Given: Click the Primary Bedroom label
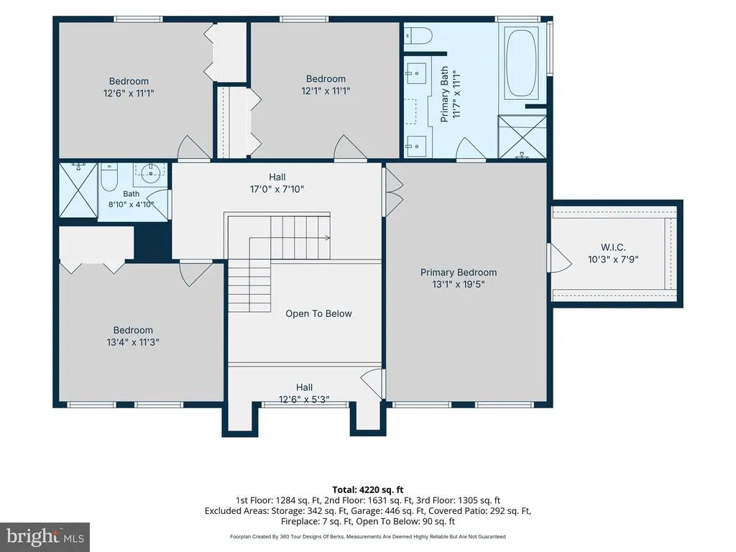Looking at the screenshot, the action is tap(458, 272).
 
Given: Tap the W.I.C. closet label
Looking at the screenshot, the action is tap(613, 247).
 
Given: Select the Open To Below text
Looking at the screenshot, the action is tap(318, 313).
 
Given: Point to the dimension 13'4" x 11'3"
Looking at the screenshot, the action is tap(133, 342).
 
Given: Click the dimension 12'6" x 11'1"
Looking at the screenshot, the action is tap(129, 93).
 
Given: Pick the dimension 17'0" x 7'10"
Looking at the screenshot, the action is tap(277, 189).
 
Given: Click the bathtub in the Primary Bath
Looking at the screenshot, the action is tap(521, 63).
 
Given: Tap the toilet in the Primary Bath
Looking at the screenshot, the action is tap(418, 36).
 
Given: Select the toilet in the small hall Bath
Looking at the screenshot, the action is tap(109, 178).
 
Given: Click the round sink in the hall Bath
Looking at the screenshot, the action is tap(150, 174).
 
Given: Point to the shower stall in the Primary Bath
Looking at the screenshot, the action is tap(522, 137).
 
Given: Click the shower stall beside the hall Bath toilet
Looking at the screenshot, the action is tap(78, 190).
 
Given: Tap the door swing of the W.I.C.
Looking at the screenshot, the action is tap(560, 257).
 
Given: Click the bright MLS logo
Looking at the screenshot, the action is tap(45, 537).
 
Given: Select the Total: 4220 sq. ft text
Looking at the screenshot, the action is tap(368, 490).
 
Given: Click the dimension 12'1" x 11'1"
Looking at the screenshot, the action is tap(326, 91).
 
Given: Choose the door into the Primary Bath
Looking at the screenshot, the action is tap(471, 149).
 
